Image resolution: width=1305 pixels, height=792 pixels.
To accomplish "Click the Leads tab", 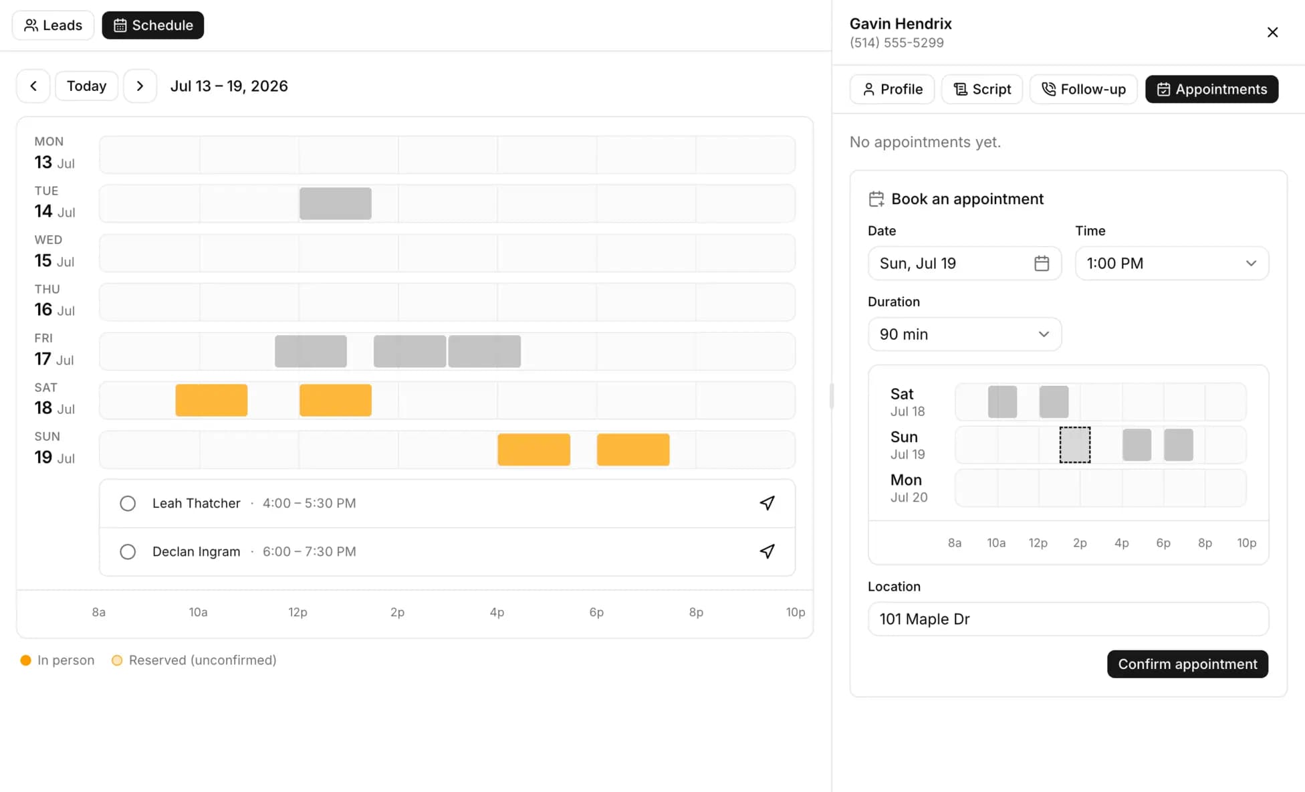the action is click(53, 25).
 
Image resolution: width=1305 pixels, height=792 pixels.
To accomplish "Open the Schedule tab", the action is click(153, 25).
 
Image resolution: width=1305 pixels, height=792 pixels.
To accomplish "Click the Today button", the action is click(86, 86).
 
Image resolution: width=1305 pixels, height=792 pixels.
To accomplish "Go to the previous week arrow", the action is click(33, 86).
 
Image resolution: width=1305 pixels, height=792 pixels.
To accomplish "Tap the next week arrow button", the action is click(140, 86).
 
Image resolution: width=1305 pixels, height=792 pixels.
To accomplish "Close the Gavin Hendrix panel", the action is click(1272, 32).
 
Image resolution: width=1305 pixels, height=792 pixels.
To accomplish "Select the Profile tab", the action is click(892, 89).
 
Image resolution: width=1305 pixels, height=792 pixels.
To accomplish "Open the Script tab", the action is click(982, 89).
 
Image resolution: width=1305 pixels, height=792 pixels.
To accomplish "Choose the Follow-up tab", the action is click(1084, 89).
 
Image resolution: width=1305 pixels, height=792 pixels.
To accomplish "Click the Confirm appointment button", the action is click(1187, 664).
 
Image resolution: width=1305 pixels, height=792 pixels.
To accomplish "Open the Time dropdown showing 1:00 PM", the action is click(1171, 264).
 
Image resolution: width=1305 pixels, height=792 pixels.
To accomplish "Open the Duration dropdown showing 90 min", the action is click(964, 334).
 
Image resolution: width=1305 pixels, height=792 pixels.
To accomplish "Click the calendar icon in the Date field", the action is click(1042, 264).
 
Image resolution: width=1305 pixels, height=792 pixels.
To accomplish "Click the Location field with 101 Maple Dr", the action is click(1068, 619).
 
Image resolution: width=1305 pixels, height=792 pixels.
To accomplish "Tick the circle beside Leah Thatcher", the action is click(128, 504).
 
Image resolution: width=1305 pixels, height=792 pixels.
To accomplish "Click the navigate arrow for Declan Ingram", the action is click(767, 552).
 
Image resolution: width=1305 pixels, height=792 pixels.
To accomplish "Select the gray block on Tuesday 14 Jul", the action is click(336, 203).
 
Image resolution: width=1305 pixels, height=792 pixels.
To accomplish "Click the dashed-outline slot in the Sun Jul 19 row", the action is click(1075, 445).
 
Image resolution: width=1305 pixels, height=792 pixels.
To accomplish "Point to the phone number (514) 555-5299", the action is click(897, 43).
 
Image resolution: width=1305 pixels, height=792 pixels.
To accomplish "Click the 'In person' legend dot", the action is click(26, 660).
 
